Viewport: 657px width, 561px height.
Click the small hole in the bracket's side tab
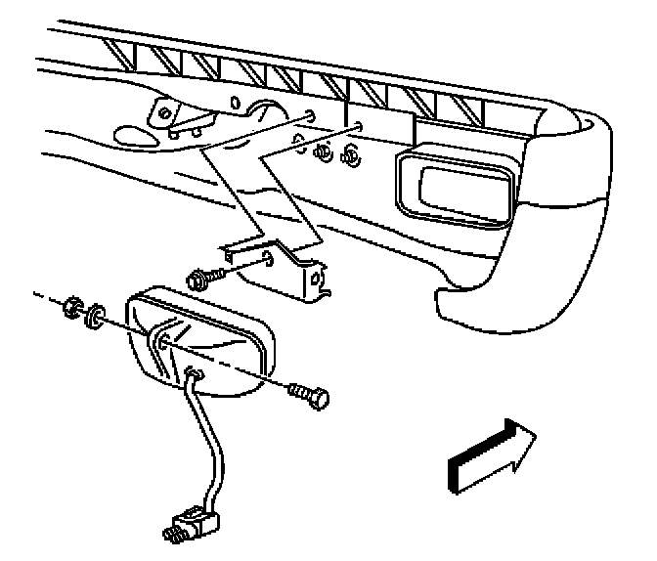[317, 281]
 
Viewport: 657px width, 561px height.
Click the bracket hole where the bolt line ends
[268, 260]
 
